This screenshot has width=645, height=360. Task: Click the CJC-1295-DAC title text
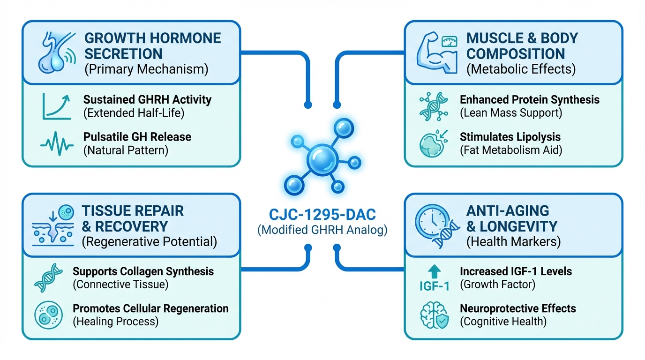322,216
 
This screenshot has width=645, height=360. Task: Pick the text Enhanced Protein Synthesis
530,99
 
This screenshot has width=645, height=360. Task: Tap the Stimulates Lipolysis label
510,137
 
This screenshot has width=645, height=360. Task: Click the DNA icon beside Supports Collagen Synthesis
48,277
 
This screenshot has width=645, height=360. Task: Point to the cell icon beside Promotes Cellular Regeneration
48,315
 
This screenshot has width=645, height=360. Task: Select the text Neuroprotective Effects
518,308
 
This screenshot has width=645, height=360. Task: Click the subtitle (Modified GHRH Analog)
322,231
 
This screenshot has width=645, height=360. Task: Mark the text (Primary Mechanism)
146,69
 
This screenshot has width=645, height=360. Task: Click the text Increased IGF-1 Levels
516,271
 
